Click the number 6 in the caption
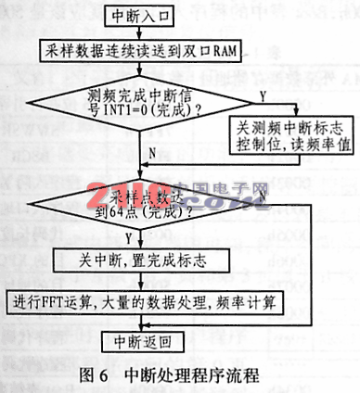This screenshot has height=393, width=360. [x=112, y=376]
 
